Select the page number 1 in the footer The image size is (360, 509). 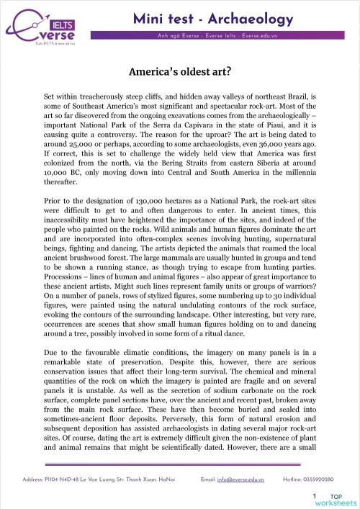point(315,496)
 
